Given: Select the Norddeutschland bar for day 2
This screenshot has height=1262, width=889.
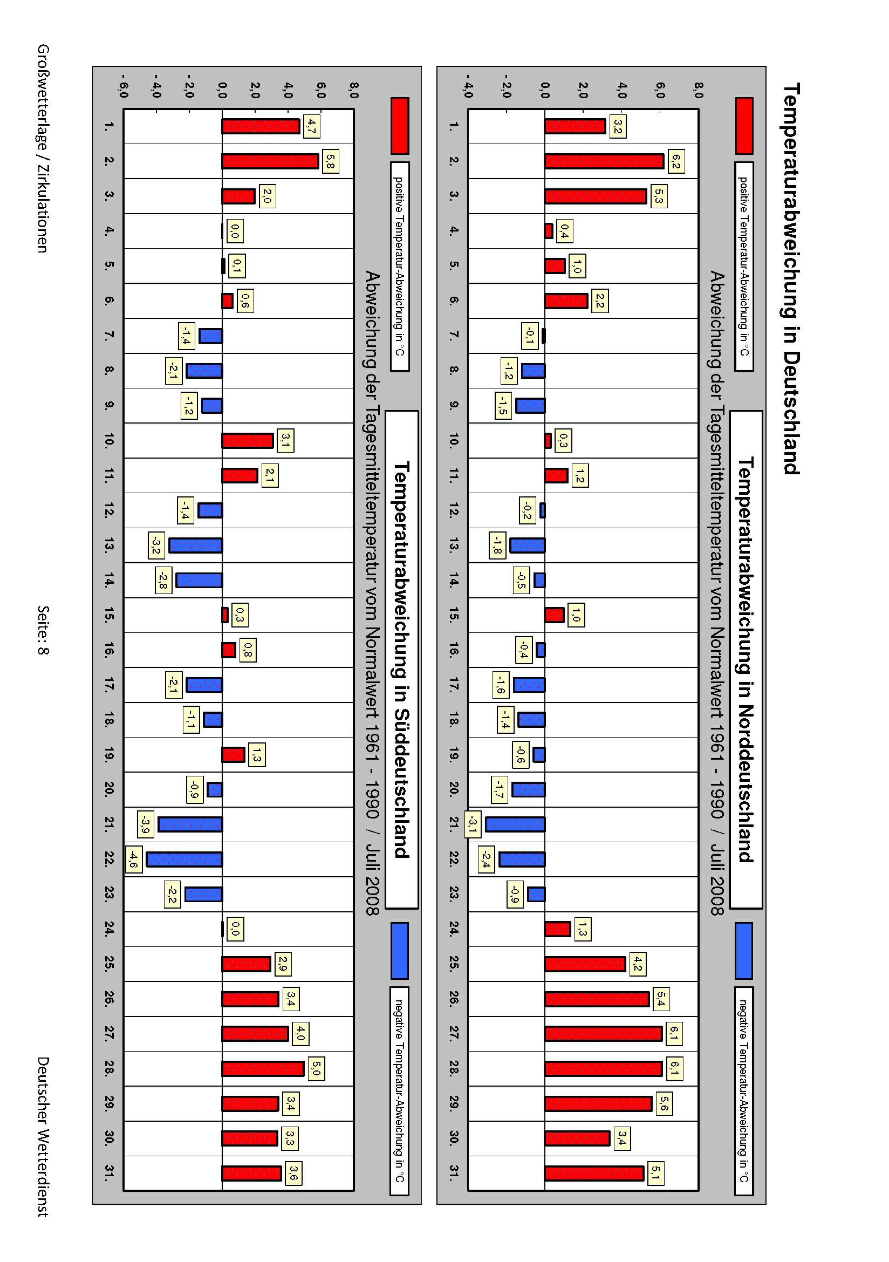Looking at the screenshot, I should coord(604,161).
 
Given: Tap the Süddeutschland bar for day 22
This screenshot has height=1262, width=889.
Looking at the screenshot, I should coord(184,859).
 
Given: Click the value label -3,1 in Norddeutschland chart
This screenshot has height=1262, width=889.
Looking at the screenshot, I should coord(471,823).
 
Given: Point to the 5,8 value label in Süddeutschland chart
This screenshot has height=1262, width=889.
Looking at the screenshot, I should coord(330,161).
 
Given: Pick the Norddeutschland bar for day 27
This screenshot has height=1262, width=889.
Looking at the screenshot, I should coord(603,1034).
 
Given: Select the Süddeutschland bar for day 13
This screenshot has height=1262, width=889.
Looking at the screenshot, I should coord(196,545).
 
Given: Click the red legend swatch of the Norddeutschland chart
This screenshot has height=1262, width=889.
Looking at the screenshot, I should coord(744,126).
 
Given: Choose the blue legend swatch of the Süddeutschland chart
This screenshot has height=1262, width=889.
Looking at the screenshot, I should coord(399,950).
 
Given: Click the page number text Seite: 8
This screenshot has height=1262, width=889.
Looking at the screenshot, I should coord(43,630).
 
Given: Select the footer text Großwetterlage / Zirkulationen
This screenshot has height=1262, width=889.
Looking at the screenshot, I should coord(43,148).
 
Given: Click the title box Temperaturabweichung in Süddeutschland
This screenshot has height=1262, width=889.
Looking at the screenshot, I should coord(402,659).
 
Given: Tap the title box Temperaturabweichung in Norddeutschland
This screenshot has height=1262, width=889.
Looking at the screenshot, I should coord(746,659).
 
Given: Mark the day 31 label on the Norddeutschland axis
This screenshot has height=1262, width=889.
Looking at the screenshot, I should coord(453,1173).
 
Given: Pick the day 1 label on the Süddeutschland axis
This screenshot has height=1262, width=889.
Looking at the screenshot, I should coord(109,126).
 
